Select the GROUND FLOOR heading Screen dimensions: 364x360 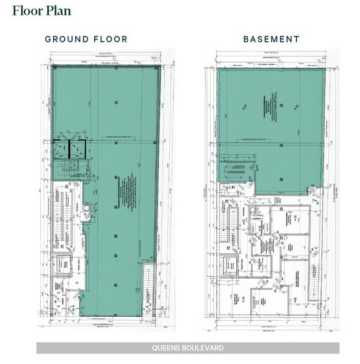(x=86, y=39)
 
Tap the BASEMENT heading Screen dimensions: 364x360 (x=271, y=39)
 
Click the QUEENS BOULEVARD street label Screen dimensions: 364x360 (x=187, y=348)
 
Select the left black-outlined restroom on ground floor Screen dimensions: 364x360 (x=60, y=150)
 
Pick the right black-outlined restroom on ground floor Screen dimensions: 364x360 (x=76, y=150)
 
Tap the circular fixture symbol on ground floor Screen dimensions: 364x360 (x=87, y=209)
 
